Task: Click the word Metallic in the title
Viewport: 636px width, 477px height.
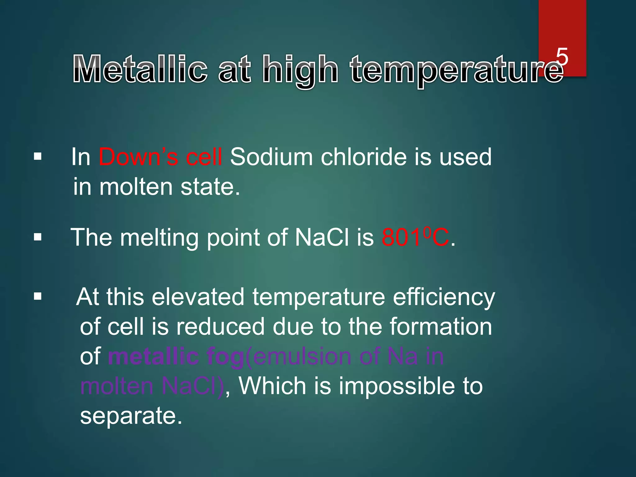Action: (140, 70)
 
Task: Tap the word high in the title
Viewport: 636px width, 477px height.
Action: (300, 70)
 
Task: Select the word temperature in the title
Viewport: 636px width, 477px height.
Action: (457, 70)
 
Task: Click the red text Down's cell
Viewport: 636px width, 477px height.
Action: (160, 157)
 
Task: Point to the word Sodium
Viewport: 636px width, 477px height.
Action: (271, 157)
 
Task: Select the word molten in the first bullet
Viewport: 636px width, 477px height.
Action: (136, 187)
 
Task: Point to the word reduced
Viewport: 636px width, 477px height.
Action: (220, 327)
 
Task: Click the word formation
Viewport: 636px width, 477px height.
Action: (441, 327)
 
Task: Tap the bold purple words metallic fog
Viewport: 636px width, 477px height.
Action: (176, 357)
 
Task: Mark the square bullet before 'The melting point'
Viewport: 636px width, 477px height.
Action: (38, 238)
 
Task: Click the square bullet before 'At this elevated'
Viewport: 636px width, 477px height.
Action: (38, 296)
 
